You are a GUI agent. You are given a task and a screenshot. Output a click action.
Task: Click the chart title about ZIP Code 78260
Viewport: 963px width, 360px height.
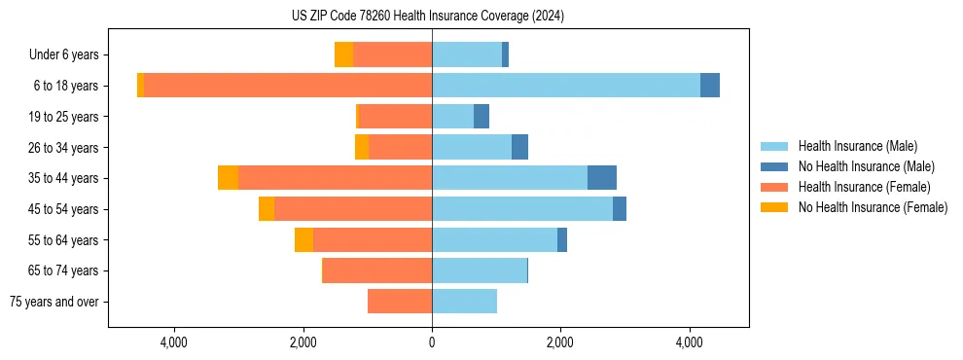427,17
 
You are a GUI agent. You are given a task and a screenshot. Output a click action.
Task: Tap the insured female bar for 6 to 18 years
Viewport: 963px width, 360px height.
288,86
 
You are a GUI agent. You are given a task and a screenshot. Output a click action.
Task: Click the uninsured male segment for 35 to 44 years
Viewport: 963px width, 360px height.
602,178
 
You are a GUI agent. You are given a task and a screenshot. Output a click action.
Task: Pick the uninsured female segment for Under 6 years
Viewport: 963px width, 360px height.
343,54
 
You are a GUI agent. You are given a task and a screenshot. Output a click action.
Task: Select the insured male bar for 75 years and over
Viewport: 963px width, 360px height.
464,302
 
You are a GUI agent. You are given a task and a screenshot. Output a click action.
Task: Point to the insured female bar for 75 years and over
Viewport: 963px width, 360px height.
400,302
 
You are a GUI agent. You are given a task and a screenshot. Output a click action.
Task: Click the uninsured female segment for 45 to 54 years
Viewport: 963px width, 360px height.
267,209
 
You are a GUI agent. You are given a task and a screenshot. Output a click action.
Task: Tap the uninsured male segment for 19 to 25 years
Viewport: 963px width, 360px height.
481,117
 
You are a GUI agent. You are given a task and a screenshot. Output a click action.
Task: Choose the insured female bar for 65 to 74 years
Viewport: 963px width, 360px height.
377,270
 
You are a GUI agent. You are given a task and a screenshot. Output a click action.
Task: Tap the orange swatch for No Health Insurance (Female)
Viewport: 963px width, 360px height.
774,207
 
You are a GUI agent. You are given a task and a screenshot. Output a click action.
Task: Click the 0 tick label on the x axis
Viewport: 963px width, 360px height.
432,342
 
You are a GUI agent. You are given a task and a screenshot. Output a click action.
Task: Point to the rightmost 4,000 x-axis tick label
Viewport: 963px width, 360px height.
689,342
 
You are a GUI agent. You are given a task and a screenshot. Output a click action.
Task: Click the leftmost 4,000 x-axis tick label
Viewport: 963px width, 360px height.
174,342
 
